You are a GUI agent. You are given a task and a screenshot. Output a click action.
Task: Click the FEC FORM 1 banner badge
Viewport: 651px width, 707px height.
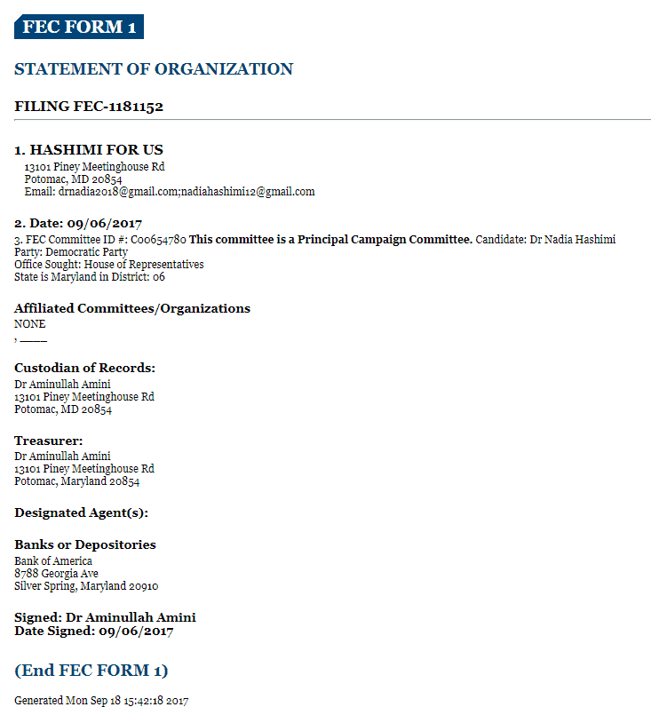(79, 27)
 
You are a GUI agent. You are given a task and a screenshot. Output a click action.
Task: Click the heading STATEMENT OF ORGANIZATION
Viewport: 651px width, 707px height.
(154, 69)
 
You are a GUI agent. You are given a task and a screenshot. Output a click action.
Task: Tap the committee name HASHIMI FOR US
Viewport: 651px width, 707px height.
(96, 150)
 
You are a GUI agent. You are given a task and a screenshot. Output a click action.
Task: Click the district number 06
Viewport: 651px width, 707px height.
(158, 277)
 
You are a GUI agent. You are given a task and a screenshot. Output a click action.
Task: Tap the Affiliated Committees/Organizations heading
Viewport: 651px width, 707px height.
(132, 309)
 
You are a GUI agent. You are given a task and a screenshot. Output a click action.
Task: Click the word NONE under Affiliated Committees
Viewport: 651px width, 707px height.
(29, 324)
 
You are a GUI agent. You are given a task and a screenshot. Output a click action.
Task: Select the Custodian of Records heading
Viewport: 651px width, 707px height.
(85, 368)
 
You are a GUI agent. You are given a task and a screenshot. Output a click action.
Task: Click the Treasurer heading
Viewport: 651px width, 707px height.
(49, 441)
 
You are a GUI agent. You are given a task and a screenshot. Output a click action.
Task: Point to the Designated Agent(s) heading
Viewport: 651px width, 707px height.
(81, 512)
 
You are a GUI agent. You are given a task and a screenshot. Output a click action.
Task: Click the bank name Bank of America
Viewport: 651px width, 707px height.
(53, 561)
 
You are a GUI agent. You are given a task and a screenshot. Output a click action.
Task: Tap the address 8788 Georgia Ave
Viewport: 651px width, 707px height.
(56, 574)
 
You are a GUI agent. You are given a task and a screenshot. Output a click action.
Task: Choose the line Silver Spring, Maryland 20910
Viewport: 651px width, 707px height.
(86, 586)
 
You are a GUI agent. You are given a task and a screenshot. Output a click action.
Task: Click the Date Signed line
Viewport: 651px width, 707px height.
(93, 632)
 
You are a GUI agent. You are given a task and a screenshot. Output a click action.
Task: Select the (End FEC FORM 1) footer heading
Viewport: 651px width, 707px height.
(91, 671)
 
